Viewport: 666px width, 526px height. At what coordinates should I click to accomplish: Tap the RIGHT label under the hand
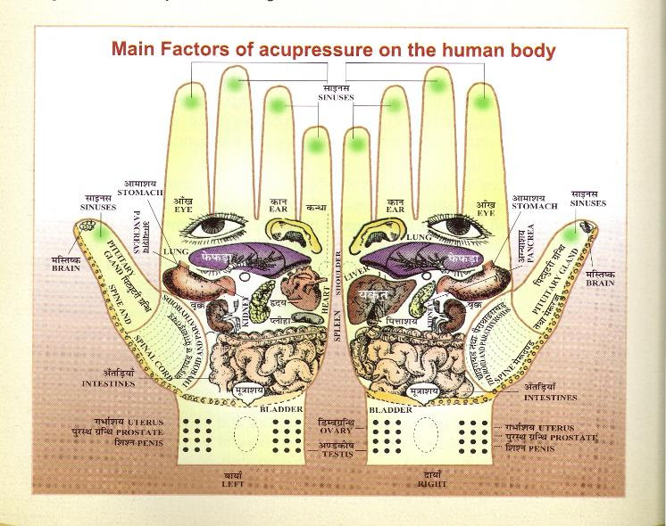click(x=432, y=483)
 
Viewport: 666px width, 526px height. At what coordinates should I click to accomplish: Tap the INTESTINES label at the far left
click(x=108, y=384)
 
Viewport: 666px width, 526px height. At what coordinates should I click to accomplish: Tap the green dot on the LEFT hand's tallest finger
click(x=236, y=84)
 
